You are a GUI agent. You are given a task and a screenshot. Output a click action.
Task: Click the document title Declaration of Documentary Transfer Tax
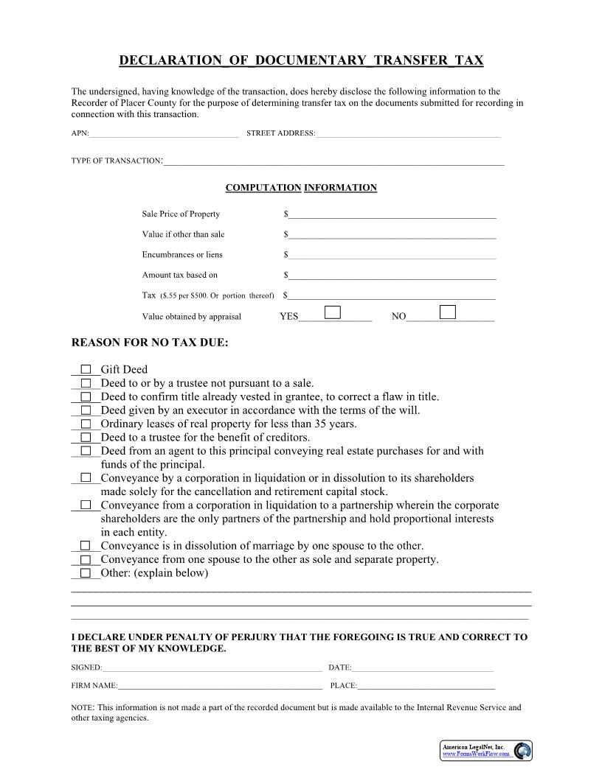pos(301,60)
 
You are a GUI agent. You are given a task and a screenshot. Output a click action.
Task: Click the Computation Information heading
pos(301,188)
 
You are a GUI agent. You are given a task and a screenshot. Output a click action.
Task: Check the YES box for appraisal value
pos(333,312)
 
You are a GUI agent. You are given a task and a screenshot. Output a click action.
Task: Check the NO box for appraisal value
pos(447,312)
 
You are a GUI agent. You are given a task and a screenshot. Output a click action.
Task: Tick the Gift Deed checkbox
pos(86,370)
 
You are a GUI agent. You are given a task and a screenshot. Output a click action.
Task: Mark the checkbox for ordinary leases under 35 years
pos(86,424)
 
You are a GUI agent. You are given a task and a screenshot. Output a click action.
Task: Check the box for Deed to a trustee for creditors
pos(86,438)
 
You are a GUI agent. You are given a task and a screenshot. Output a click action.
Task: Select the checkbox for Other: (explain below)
pos(86,573)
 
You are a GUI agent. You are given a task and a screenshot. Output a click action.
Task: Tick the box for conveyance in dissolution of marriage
pos(86,546)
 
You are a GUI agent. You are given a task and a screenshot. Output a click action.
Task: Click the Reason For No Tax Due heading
pos(150,343)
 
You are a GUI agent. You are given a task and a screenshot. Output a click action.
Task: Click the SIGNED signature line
pos(212,667)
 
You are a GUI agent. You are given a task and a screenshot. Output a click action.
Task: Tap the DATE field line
pos(423,667)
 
